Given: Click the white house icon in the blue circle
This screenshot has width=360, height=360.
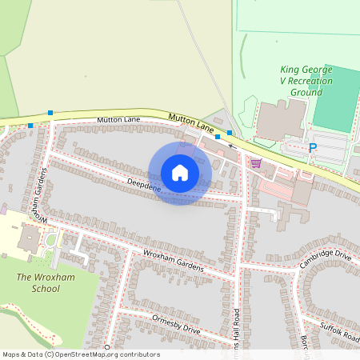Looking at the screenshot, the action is pos(180,173).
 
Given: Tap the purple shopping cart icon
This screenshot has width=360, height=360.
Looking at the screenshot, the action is pos(256,163).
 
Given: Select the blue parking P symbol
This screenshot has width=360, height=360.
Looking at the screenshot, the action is pos(313,148).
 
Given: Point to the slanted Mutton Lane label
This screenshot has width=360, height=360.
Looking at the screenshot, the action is pos(191,122).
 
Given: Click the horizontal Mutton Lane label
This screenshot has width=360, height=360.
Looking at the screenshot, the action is pos(118,119).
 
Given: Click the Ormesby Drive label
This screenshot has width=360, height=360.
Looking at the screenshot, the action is pos(175,325).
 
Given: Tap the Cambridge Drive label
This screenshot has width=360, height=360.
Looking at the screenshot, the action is pos(326,259).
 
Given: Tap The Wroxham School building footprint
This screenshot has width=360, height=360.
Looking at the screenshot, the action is pos(29,238).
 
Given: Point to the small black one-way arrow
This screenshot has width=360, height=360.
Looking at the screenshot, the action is pos(232,146).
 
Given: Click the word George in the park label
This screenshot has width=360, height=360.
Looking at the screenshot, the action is pos(305,70).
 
